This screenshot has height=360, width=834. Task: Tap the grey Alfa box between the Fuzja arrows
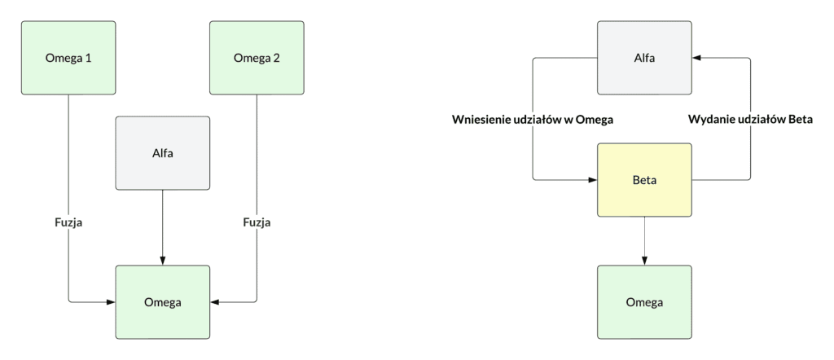coord(163,152)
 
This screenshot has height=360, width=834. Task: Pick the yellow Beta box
coord(644,179)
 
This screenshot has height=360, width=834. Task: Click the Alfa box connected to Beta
coord(644,58)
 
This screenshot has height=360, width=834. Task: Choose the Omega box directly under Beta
coord(644,302)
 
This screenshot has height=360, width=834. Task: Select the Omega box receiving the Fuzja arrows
coord(163,302)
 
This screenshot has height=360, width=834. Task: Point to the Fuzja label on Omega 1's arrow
coord(69,222)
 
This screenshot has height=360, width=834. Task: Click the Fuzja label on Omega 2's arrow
coord(257,222)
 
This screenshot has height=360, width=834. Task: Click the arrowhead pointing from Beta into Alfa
coord(696,58)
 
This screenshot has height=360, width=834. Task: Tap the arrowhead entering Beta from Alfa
coord(592,179)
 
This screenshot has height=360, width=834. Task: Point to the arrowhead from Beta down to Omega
coord(644,260)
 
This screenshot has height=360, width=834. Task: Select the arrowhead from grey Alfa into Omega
coord(163,260)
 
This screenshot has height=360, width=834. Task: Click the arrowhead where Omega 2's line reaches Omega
coord(215,302)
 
